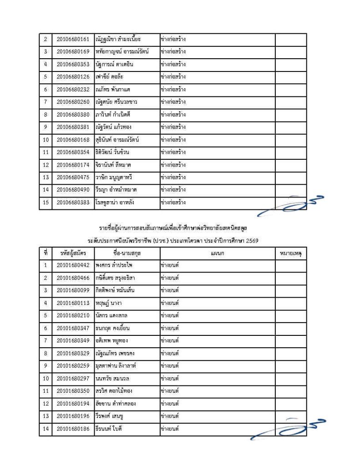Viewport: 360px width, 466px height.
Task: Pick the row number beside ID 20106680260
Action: click(x=46, y=102)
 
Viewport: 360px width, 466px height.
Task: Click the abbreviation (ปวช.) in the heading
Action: click(x=170, y=241)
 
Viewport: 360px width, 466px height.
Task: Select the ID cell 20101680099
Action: click(x=73, y=289)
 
